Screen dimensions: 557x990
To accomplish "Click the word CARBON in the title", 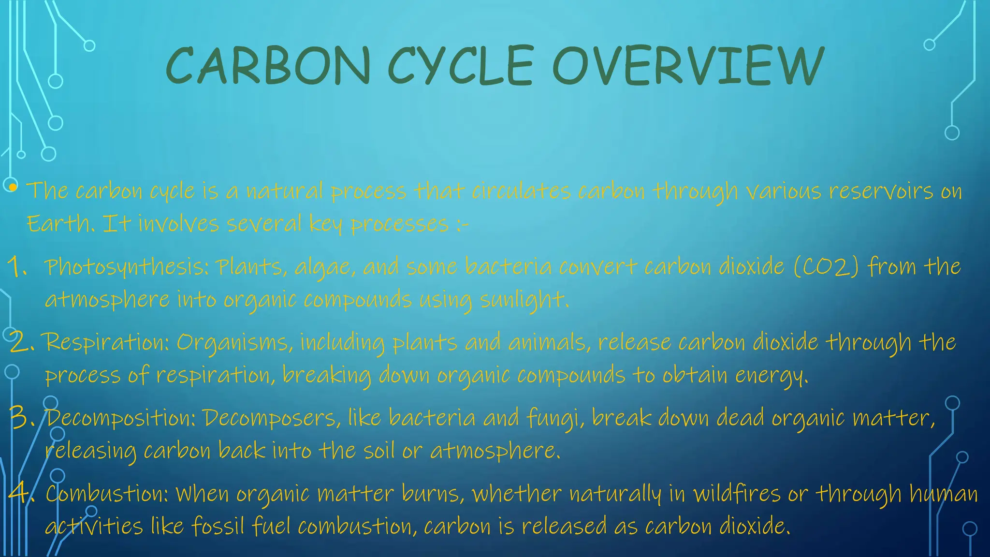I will point(268,66).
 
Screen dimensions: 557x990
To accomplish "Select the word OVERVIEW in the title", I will point(688,66).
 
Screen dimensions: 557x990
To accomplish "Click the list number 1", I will point(17,267).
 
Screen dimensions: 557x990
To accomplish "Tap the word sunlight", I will point(523,300).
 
